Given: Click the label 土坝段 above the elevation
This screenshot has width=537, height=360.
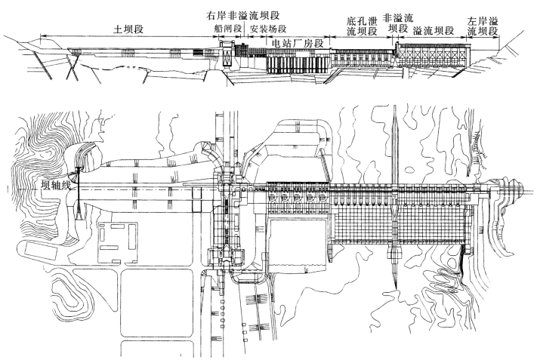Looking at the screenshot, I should [x=129, y=28].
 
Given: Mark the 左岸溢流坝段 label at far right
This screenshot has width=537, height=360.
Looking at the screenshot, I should [x=483, y=26].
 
